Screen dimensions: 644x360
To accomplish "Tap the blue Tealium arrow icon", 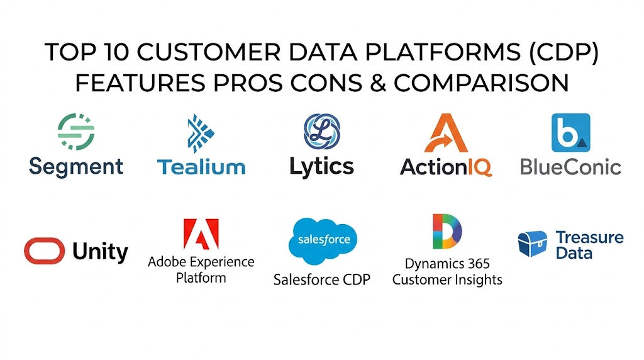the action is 201,133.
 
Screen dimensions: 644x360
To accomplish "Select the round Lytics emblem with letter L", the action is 322,132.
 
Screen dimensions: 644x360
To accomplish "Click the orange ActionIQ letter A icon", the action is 446,133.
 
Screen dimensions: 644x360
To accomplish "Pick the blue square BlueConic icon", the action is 571,133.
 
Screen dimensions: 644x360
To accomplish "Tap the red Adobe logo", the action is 201,234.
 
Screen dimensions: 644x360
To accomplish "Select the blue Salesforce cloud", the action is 323,241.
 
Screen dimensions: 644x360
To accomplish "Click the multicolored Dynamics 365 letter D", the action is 447,232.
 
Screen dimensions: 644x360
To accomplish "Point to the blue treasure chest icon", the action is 533,244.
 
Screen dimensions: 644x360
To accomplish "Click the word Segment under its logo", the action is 76,167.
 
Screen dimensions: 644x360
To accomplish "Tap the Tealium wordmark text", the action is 201,167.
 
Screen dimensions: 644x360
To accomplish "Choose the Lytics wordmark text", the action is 321,167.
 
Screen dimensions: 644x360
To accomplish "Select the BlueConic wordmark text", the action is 571,167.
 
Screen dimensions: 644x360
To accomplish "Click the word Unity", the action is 100,252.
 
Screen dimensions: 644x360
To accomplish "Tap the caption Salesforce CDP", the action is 322,280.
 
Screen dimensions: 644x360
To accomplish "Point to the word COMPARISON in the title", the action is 481,83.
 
